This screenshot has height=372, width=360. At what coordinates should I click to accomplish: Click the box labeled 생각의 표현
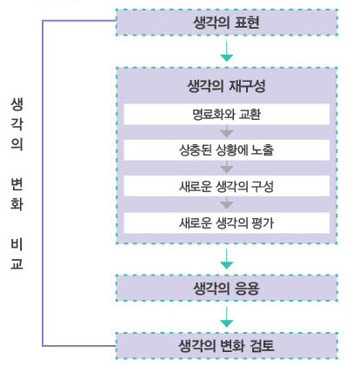(x=227, y=23)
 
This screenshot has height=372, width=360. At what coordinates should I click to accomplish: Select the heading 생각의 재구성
(x=226, y=86)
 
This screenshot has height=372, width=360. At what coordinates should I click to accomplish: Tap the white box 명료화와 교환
(x=227, y=114)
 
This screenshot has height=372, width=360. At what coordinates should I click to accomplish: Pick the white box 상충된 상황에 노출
(x=227, y=150)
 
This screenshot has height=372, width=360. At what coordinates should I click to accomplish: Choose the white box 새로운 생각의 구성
(x=227, y=186)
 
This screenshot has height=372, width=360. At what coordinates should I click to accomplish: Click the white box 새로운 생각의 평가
(x=227, y=223)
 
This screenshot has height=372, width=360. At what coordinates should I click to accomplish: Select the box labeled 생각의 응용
(x=227, y=288)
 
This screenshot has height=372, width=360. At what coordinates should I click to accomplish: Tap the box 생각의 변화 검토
(x=227, y=346)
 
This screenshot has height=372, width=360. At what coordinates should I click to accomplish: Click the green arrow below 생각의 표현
(x=227, y=51)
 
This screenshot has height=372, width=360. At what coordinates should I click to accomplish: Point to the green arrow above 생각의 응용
(x=227, y=259)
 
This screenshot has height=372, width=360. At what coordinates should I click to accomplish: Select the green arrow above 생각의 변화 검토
(x=227, y=317)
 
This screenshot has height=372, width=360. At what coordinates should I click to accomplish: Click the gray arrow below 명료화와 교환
(x=227, y=131)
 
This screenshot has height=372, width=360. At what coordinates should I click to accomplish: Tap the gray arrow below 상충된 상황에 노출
(x=227, y=168)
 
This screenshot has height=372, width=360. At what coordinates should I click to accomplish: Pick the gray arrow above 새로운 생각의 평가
(x=227, y=203)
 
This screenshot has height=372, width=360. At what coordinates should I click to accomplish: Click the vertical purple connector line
(x=43, y=183)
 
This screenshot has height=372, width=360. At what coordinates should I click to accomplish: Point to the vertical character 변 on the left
(x=17, y=184)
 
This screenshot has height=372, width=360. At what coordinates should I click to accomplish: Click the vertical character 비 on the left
(x=17, y=244)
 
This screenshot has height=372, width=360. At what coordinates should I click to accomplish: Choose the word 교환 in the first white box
(x=250, y=114)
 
